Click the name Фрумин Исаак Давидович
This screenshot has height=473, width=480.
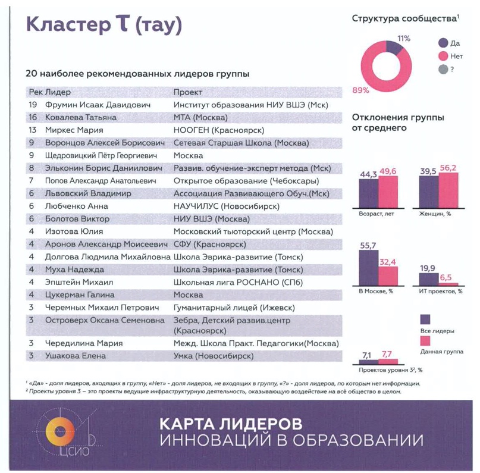(89, 105)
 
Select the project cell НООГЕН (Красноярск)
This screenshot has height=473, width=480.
(218, 130)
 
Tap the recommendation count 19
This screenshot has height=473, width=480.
(33, 105)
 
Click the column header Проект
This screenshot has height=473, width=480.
(187, 92)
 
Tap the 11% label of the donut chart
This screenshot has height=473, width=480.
(404, 38)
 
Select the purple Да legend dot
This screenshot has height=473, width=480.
(443, 43)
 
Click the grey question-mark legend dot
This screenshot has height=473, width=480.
(443, 69)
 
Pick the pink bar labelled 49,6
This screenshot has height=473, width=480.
(388, 192)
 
